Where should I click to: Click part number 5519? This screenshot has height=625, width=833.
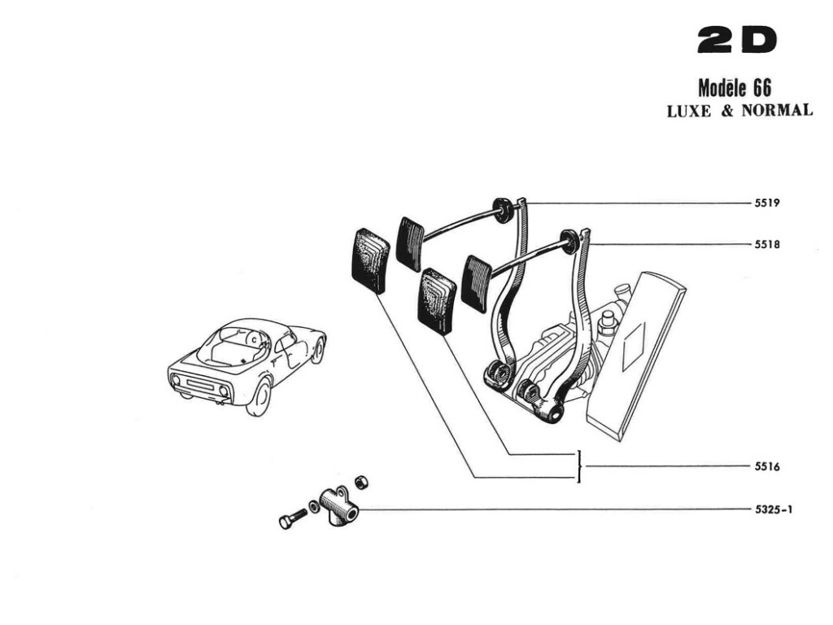coord(768,203)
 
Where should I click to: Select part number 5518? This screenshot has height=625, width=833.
coord(768,243)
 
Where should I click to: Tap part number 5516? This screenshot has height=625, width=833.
coord(768,467)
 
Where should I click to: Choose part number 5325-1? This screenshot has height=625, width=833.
coord(774,510)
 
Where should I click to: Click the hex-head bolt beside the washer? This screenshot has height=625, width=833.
coord(290,519)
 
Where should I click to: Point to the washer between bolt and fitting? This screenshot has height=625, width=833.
coord(314,507)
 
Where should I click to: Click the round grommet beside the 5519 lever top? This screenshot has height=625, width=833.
coord(504,210)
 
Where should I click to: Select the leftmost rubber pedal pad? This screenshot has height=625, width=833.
coord(369,259)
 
